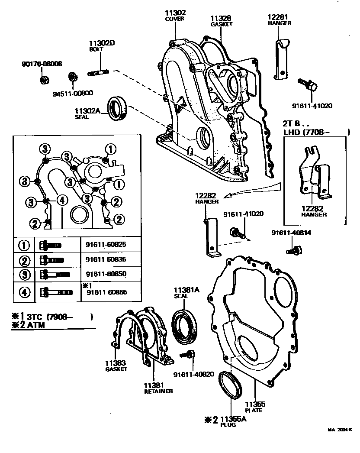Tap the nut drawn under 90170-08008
[x=43, y=79]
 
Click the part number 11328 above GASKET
[x=221, y=18]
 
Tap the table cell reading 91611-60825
[x=106, y=245]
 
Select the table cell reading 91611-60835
[x=106, y=260]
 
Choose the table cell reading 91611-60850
[x=106, y=274]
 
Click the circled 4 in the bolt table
[x=24, y=292]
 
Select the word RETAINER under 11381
[x=158, y=391]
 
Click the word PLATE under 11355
[x=254, y=410]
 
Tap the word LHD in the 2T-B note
[x=292, y=132]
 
